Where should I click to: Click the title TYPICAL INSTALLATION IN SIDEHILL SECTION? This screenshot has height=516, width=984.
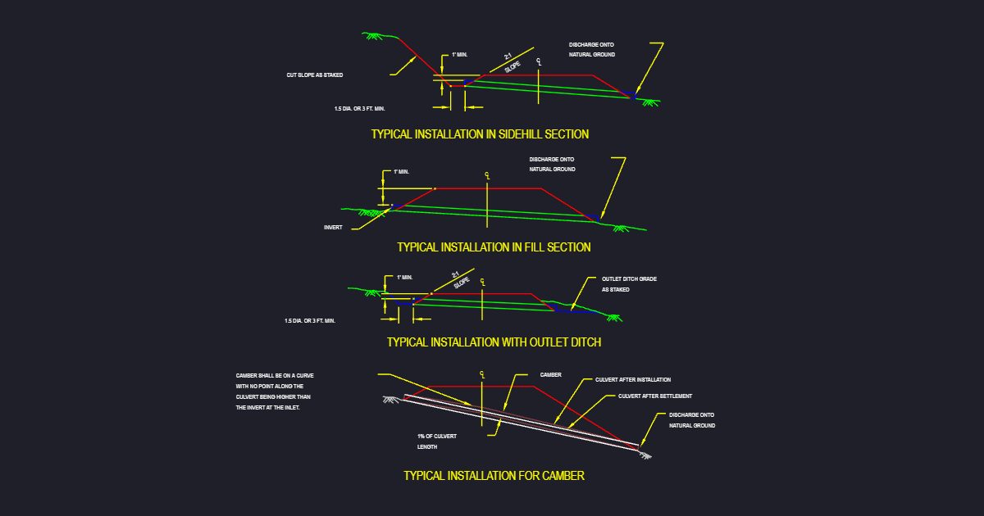[480, 134]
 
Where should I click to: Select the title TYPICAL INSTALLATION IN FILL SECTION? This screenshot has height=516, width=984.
[494, 247]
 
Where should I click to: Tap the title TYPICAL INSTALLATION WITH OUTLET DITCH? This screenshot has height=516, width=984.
[494, 342]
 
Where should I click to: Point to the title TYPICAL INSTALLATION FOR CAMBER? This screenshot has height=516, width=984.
[494, 476]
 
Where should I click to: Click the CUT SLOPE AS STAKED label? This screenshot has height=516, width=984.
[315, 75]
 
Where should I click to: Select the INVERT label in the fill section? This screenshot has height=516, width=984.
[333, 228]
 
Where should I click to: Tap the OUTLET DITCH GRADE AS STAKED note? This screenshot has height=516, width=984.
[629, 284]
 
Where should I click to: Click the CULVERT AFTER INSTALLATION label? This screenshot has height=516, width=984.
[633, 379]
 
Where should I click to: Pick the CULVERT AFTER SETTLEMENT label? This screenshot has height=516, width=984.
[655, 396]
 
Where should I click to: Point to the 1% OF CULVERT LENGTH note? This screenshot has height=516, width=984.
[436, 441]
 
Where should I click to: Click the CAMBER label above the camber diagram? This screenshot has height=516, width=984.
[551, 375]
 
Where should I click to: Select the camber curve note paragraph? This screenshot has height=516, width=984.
[275, 392]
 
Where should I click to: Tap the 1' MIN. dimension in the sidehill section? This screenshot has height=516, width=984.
[459, 55]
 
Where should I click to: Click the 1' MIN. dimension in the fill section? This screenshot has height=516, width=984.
[401, 171]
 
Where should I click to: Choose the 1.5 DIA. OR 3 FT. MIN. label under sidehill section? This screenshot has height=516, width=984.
[359, 108]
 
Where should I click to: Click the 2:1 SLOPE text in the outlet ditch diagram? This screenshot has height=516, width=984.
[459, 280]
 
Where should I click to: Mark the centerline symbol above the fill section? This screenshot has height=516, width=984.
[487, 175]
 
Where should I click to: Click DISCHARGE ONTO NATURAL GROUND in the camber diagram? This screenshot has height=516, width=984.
[692, 420]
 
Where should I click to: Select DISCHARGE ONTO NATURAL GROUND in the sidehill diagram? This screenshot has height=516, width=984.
[592, 50]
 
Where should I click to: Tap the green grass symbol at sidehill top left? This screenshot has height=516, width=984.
[373, 35]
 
